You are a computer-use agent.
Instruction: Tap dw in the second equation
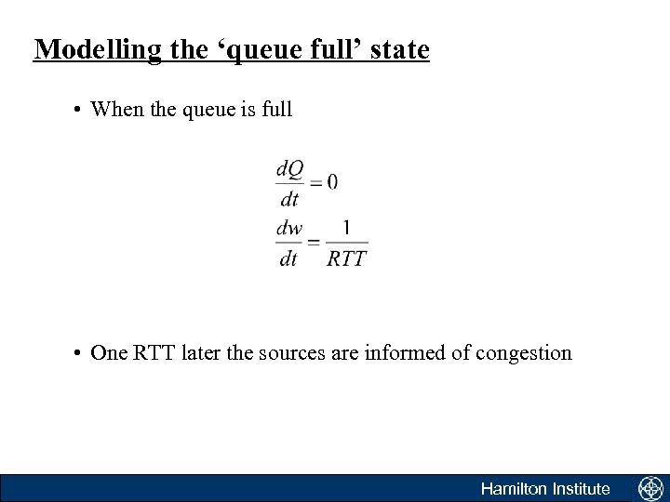(290, 228)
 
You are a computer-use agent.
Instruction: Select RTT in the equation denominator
(347, 258)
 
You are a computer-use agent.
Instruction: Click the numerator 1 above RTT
(346, 227)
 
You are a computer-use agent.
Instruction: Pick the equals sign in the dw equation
(315, 243)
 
